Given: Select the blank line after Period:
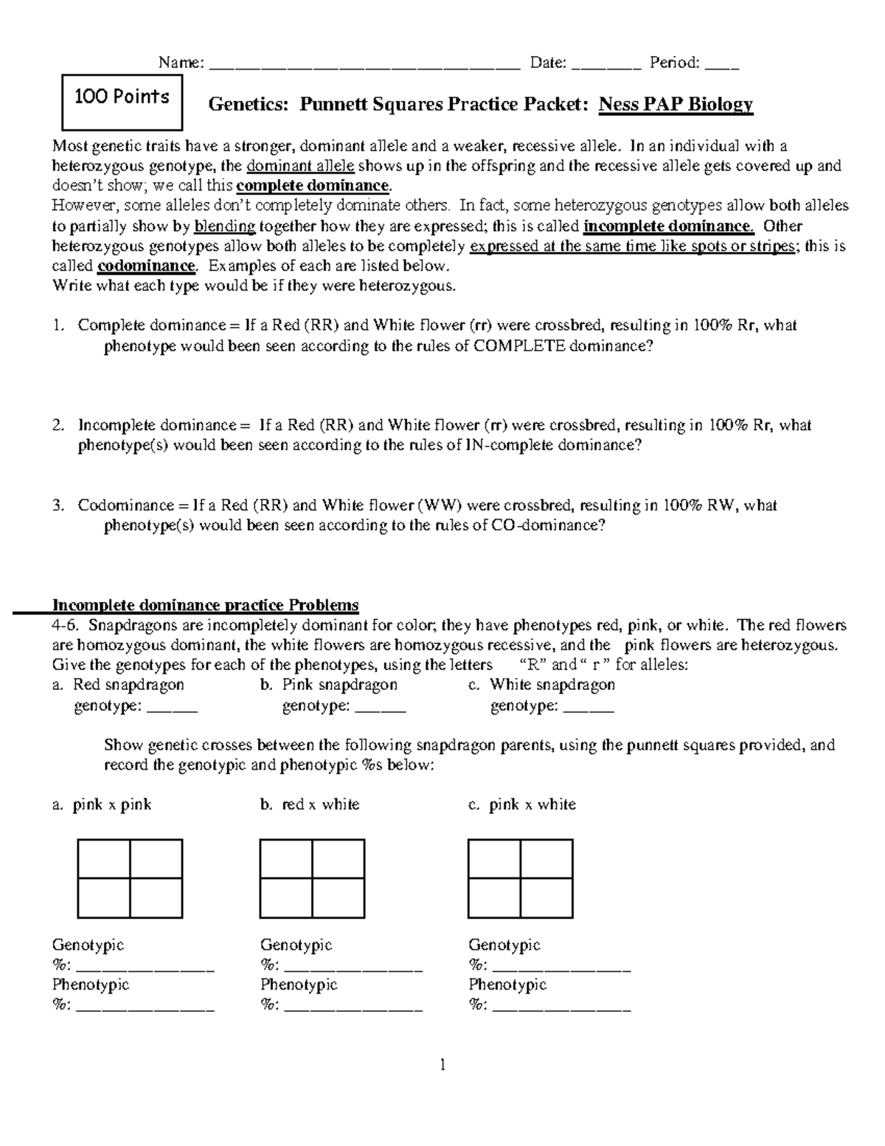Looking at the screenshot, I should point(721,65).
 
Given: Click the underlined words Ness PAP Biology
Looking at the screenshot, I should point(676,104).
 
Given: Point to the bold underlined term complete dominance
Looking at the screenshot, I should point(315,185).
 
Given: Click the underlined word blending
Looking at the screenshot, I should point(224,226).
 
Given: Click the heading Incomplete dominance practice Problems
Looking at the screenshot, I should point(205,605).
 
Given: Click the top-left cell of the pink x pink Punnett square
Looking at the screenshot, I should point(104,858).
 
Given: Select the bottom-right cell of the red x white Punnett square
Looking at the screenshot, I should point(339,897).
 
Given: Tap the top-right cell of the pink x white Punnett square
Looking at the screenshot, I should point(546,858).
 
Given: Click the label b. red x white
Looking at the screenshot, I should point(310,804).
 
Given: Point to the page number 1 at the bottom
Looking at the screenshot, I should point(442,1064).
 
